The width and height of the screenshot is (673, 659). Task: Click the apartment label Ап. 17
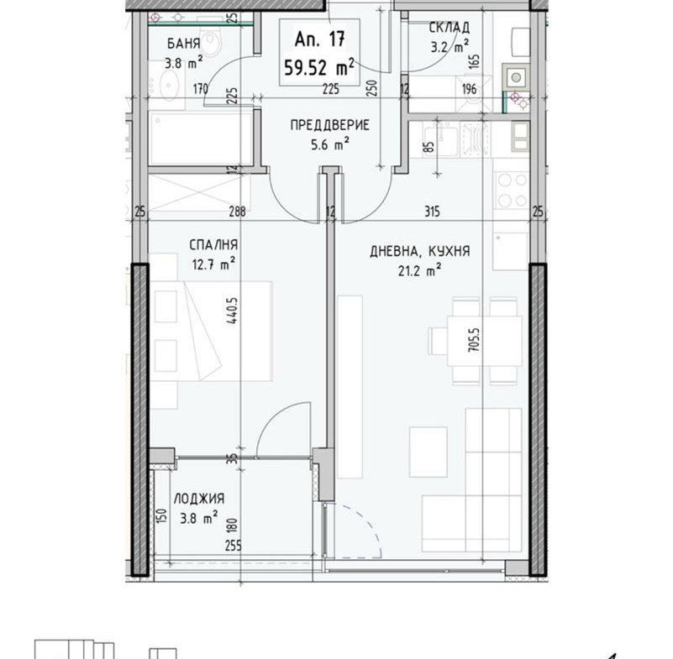coord(320,39)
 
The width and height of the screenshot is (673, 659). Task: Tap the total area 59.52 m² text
coord(319,67)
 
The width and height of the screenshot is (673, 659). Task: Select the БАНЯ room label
coord(184,44)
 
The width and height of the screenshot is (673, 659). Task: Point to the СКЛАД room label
coord(450,28)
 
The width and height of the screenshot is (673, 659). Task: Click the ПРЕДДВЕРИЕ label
coord(329,125)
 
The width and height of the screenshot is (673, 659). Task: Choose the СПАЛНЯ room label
coord(213,245)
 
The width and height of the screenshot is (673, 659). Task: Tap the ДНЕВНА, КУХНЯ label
coord(420,251)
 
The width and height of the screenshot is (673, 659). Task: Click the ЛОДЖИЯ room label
coord(199,499)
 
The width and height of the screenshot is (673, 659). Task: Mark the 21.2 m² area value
coord(419,271)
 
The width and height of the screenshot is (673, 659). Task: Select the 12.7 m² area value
coord(213,264)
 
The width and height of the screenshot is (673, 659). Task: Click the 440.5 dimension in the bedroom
coord(234,311)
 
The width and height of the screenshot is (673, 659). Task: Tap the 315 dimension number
coord(432,212)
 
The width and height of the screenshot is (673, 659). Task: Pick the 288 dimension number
coord(237,212)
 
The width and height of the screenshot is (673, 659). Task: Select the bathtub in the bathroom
coord(200,138)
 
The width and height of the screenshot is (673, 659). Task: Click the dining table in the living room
coord(485,341)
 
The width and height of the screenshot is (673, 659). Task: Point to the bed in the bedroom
coord(210,331)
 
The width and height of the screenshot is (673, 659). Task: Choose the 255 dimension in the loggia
coord(234,546)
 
